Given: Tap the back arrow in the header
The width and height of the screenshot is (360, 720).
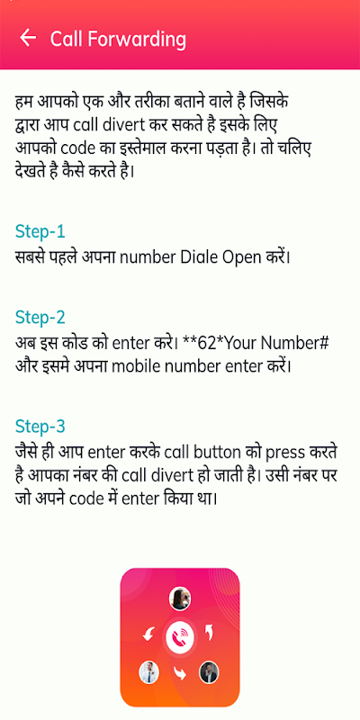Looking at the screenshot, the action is point(28,38).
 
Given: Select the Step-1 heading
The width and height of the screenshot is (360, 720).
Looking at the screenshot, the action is point(40,231).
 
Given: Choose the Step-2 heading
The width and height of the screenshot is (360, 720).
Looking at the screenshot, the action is point(40,318).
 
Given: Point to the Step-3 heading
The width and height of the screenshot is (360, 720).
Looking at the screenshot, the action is point(40,426).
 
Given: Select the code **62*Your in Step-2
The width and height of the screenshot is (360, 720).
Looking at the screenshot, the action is point(216,343).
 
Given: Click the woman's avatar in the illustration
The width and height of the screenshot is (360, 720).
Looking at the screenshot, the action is point(180,598).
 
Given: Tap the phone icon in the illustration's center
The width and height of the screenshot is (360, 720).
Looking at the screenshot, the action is point(180,637).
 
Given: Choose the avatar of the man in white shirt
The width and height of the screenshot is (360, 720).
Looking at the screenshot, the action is point(148,672).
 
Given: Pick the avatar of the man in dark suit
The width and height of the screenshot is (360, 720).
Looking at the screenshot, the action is point(209,672).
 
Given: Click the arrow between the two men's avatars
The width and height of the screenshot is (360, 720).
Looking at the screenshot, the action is point(179,673).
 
